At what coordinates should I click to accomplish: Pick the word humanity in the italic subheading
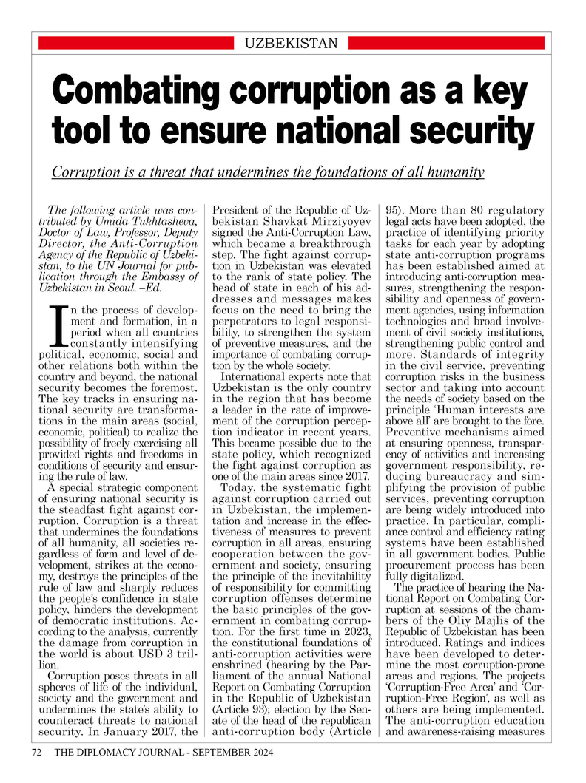coord(452,172)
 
